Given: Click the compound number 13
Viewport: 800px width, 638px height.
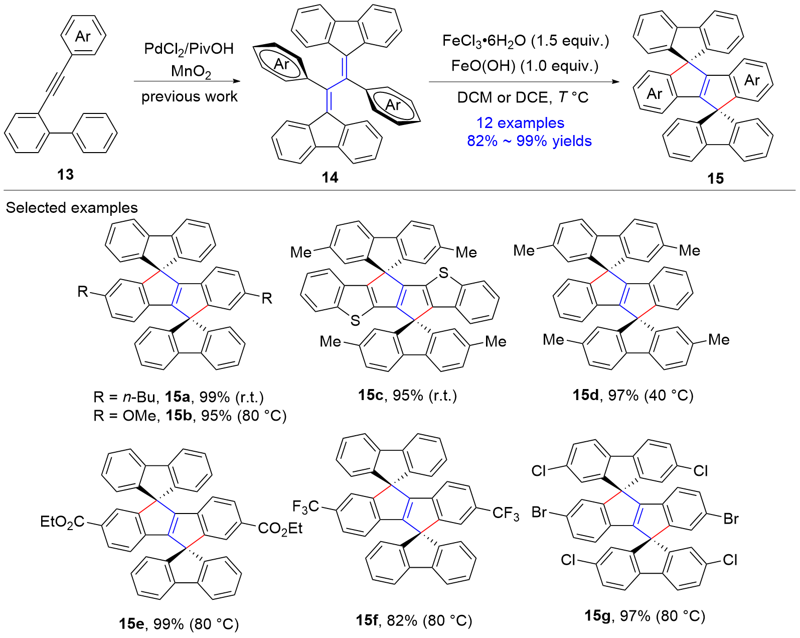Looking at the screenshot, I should pyautogui.click(x=65, y=174).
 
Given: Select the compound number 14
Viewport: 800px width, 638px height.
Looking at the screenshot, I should pyautogui.click(x=330, y=177).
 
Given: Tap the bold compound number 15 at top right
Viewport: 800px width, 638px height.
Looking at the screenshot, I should pyautogui.click(x=715, y=178).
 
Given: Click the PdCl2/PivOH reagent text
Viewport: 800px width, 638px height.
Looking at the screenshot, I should pyautogui.click(x=189, y=48).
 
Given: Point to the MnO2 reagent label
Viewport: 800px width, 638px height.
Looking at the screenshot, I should pyautogui.click(x=191, y=71).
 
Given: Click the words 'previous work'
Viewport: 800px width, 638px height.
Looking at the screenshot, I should pyautogui.click(x=189, y=96).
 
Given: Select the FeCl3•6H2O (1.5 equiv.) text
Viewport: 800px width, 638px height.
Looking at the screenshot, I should pyautogui.click(x=525, y=41).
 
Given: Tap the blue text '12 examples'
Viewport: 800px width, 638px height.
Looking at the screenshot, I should pyautogui.click(x=520, y=122).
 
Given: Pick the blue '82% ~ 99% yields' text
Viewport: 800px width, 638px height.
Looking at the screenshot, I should pyautogui.click(x=529, y=141).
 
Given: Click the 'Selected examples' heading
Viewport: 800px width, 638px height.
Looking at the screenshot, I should pyautogui.click(x=72, y=207).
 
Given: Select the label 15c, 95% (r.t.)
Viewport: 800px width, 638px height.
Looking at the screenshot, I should pyautogui.click(x=407, y=395).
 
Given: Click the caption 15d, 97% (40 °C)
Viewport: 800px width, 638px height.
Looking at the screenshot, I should pyautogui.click(x=633, y=395).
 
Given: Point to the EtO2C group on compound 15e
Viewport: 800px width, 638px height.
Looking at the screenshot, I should pyautogui.click(x=63, y=522).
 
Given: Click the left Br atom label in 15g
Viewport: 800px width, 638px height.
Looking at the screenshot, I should pyautogui.click(x=539, y=513).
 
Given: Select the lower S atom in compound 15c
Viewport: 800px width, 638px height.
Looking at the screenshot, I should pyautogui.click(x=355, y=320).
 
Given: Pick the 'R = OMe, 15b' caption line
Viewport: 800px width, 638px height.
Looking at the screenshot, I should pyautogui.click(x=190, y=416).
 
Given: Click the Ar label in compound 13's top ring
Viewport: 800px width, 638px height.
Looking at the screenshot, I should pyautogui.click(x=83, y=36).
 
